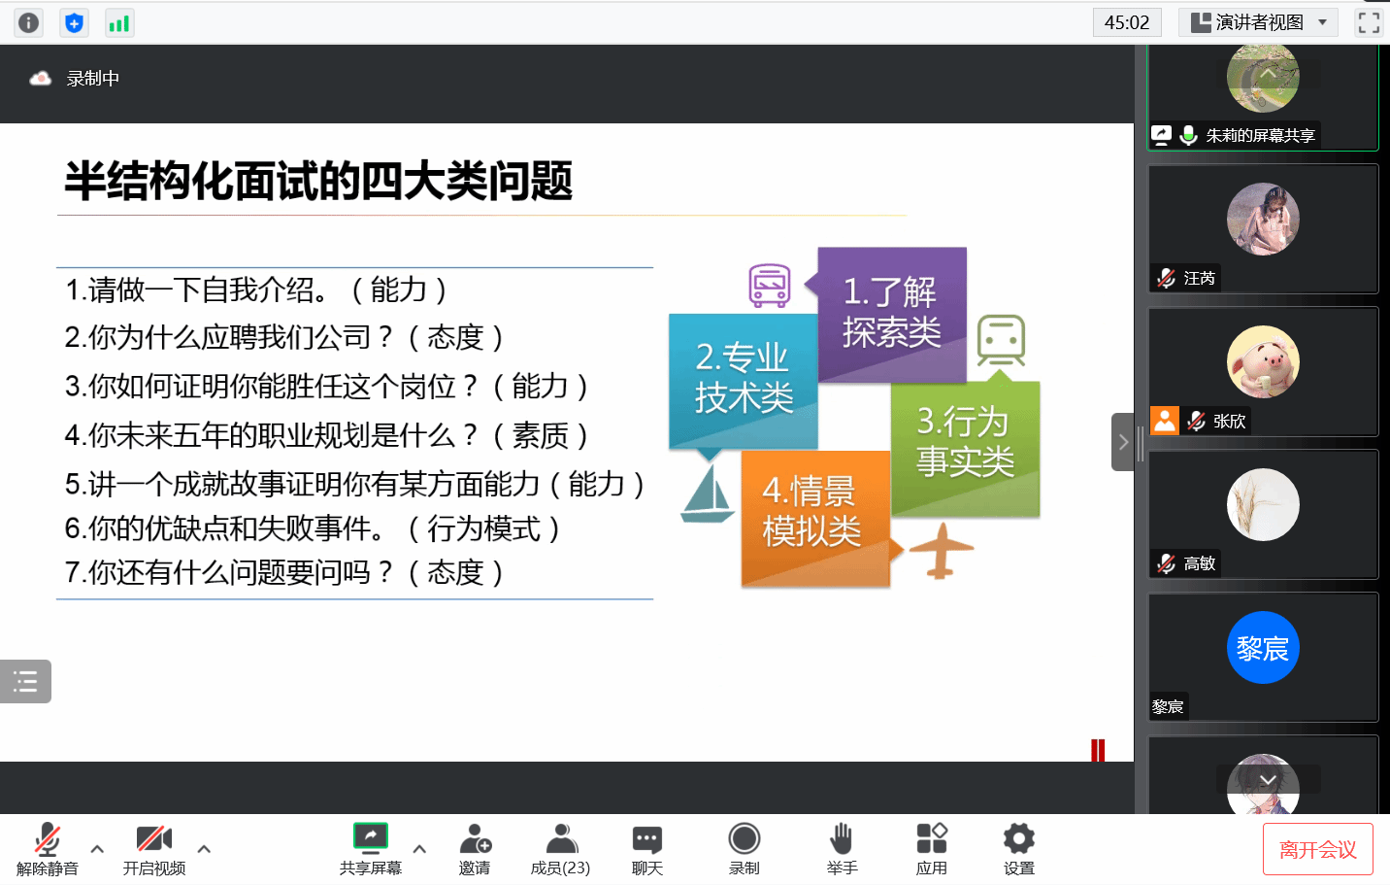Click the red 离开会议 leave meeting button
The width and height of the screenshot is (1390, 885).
[1318, 849]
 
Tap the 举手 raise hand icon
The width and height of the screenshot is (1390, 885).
[842, 838]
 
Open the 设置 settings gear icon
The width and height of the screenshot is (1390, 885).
[1019, 838]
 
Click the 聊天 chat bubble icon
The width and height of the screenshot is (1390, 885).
[647, 839]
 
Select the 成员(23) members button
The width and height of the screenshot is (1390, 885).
[560, 849]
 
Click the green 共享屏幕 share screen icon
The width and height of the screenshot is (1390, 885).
[371, 836]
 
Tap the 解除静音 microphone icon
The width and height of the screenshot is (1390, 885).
[48, 838]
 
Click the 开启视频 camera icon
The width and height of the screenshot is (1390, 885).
[154, 838]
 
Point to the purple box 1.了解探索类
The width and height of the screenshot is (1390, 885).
[892, 314]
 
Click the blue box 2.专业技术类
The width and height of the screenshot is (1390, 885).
[743, 380]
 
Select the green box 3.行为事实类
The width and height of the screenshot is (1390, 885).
[966, 449]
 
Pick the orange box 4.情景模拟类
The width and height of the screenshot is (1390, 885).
[815, 518]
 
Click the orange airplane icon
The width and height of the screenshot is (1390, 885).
[941, 550]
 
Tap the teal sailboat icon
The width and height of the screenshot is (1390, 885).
[708, 494]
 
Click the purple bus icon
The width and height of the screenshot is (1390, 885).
[770, 286]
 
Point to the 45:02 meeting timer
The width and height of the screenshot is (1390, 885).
[1127, 23]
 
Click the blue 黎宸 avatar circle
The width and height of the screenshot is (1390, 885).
[1263, 648]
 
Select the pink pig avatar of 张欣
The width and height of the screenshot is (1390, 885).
[1263, 361]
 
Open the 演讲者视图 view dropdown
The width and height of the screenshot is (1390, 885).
[1258, 23]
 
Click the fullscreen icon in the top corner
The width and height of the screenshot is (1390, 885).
[1369, 23]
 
